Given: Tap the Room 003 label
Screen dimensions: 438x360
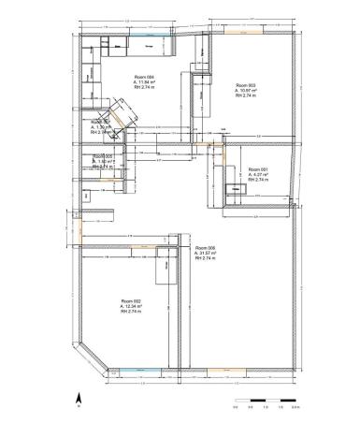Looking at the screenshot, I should pos(245,84).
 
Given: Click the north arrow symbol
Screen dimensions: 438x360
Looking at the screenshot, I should pos(79,397).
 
